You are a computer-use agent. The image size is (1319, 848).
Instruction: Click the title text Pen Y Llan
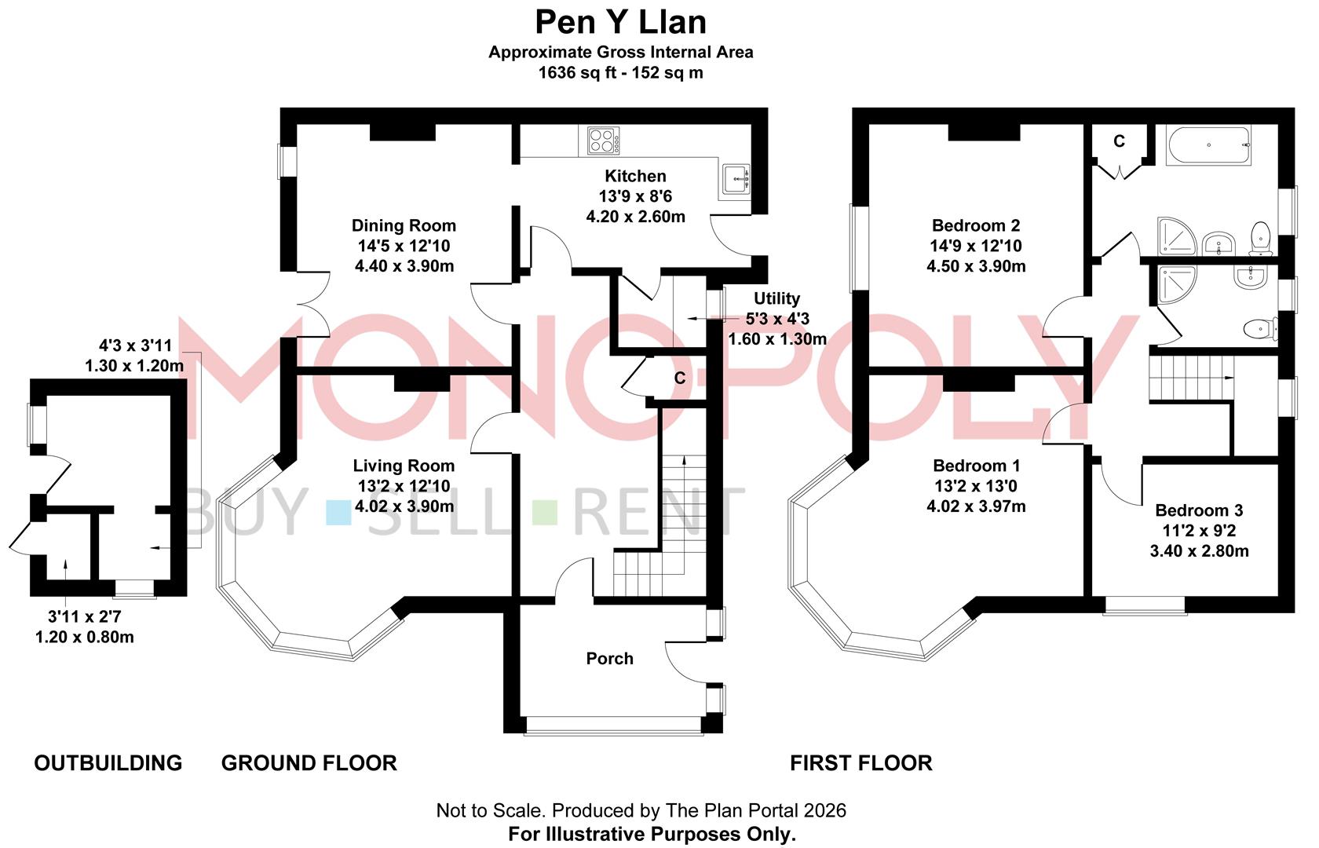(620, 22)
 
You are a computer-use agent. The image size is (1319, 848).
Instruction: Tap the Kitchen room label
(635, 176)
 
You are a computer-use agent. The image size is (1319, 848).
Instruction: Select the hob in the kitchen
(604, 141)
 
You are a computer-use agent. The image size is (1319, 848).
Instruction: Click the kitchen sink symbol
(735, 179)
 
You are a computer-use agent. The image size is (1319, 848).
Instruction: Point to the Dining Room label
(404, 226)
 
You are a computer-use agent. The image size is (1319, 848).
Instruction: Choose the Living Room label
(404, 466)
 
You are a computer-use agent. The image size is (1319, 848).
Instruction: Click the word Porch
(609, 659)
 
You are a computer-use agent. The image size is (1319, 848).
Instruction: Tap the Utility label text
(776, 298)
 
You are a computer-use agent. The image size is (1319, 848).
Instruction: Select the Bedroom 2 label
(976, 226)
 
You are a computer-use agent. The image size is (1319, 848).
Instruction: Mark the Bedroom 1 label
(976, 466)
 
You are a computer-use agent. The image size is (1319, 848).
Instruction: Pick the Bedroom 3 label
(1199, 510)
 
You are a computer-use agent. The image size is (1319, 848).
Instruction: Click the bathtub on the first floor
(1208, 145)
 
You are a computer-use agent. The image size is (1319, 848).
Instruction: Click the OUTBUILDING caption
(108, 763)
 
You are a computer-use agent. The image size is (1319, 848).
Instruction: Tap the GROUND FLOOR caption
(309, 763)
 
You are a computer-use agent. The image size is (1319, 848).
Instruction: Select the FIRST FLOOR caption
(860, 763)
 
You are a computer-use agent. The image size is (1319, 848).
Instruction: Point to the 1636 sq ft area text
(620, 73)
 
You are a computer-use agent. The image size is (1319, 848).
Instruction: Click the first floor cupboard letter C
(1119, 141)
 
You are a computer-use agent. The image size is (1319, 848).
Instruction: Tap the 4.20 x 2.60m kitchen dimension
(635, 217)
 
